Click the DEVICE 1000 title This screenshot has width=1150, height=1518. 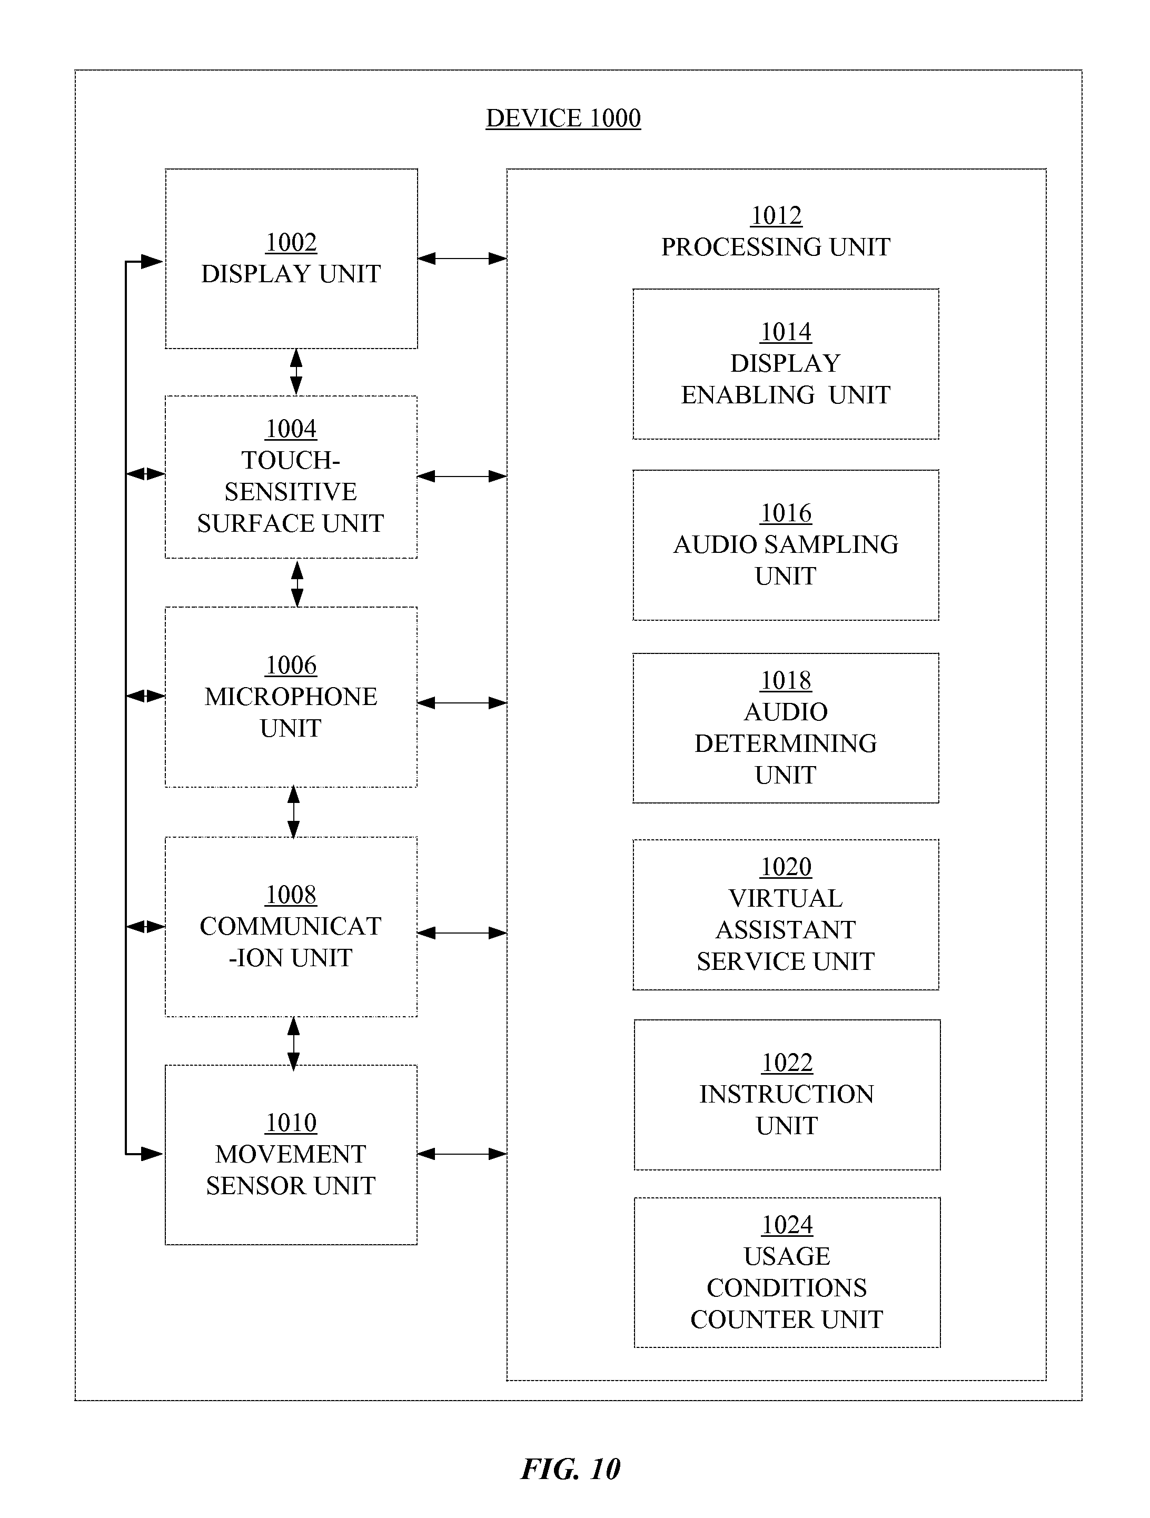point(563,118)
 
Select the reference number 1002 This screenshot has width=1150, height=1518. point(291,242)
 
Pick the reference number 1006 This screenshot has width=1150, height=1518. point(291,665)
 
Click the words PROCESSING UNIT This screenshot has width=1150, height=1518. point(776,246)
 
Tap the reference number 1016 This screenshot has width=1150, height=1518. point(786,513)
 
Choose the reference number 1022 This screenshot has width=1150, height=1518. point(787,1063)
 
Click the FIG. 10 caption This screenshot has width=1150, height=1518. point(571,1469)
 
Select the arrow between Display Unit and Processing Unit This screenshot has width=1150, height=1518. point(462,259)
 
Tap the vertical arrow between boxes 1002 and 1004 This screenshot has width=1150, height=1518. point(296,372)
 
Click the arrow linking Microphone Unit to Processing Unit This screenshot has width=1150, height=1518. point(462,703)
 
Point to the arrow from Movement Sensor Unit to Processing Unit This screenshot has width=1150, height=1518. point(462,1154)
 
